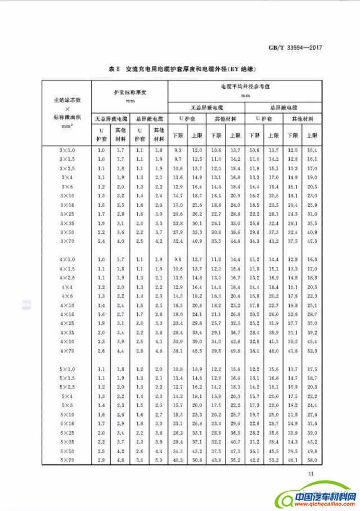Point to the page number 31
(x=310, y=473)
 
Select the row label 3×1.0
(x=66, y=151)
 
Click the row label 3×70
(x=66, y=241)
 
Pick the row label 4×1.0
(x=66, y=259)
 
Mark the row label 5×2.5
(x=66, y=387)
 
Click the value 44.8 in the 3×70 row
(x=235, y=241)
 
